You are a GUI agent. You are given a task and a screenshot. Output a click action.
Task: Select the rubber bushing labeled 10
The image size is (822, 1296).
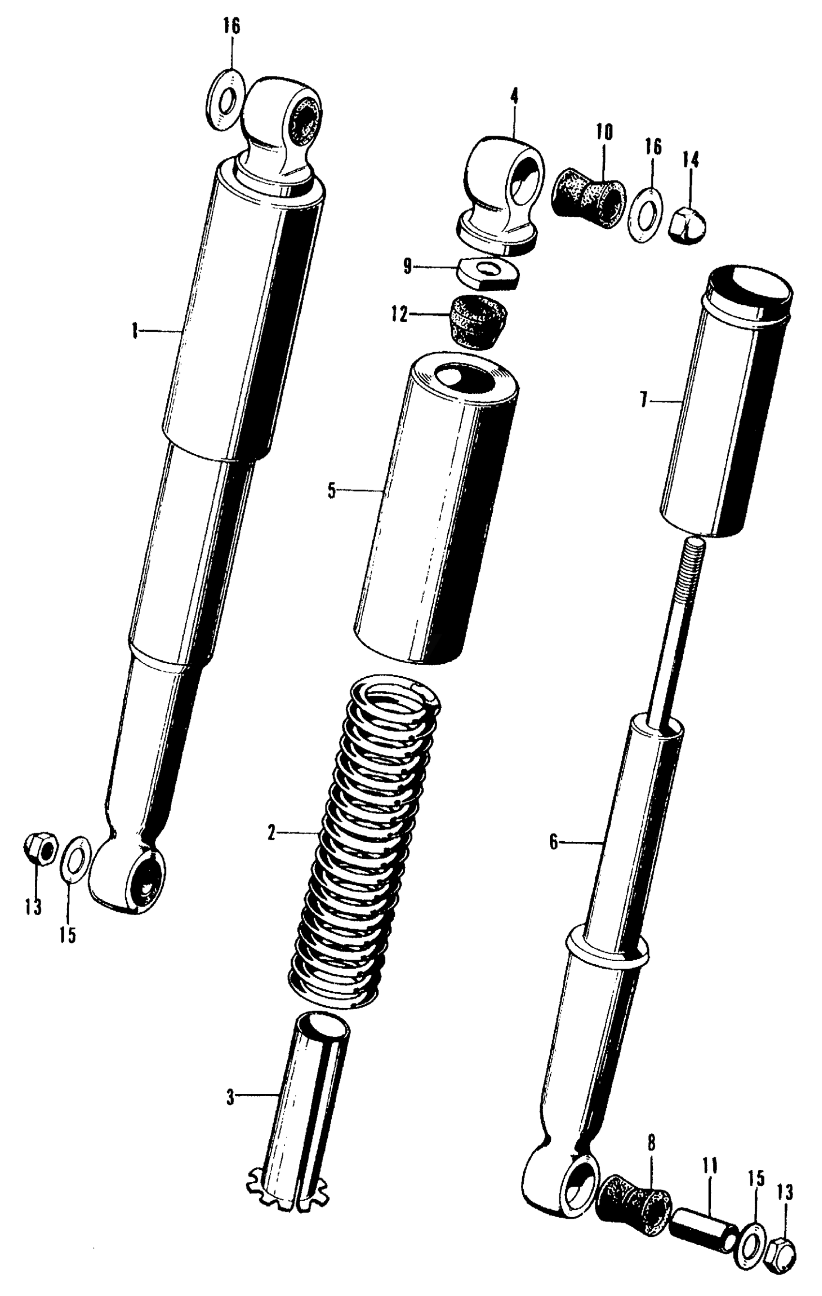(588, 192)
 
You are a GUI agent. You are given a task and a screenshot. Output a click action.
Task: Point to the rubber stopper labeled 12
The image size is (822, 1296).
(476, 321)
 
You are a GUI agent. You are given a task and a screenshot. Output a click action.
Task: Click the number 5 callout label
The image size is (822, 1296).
(331, 492)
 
